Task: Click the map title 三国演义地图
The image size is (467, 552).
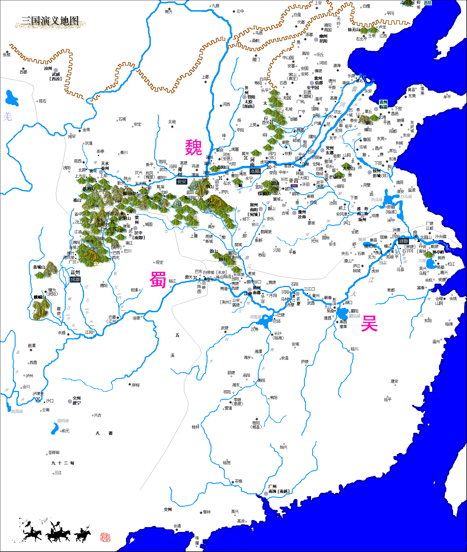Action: [50, 21]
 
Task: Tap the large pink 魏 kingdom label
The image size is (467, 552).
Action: [194, 147]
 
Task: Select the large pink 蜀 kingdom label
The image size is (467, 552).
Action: [158, 279]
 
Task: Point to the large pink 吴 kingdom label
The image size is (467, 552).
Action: [369, 323]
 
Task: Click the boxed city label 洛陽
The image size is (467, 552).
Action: [255, 171]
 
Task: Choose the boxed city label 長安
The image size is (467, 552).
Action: [181, 182]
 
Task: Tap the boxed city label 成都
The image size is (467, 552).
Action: [75, 279]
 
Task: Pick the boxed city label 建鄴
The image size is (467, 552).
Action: [403, 241]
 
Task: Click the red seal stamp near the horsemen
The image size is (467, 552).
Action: [105, 537]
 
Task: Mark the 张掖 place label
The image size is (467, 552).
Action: [7, 55]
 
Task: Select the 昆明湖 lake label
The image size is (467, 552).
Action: [63, 421]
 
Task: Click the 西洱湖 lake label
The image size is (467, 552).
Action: [17, 411]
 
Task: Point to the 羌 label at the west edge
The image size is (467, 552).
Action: [7, 116]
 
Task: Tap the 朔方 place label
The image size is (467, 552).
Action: [168, 12]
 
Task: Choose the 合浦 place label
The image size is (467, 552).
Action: [177, 526]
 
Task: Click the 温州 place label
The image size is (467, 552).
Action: [436, 342]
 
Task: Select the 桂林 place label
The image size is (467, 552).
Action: [196, 427]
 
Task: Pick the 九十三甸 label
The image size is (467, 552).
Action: [63, 463]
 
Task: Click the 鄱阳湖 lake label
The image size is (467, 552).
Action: [354, 316]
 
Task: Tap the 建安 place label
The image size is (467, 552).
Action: [394, 381]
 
